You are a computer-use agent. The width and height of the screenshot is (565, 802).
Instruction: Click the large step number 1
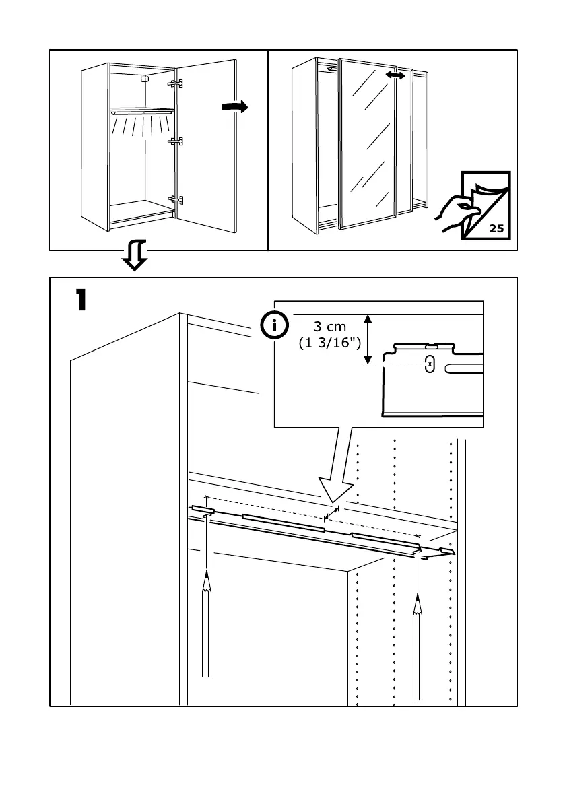click(80, 300)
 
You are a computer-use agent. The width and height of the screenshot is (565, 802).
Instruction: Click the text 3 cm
click(330, 327)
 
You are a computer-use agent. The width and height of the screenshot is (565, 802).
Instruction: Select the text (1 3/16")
click(330, 343)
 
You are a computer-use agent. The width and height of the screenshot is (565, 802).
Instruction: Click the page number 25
click(496, 228)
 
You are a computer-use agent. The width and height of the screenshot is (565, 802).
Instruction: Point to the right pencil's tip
click(418, 594)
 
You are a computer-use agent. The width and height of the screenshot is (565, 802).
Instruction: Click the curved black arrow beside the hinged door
click(234, 107)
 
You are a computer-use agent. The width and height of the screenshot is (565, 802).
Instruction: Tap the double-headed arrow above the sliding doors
click(395, 76)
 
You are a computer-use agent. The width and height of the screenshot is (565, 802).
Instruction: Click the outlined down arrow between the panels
click(135, 257)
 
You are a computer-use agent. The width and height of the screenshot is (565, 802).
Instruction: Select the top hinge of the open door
click(176, 83)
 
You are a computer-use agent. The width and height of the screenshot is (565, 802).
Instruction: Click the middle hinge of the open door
click(176, 141)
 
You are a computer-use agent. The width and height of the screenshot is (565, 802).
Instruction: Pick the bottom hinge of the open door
click(176, 199)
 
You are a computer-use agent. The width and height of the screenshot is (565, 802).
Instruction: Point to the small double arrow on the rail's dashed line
click(331, 515)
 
